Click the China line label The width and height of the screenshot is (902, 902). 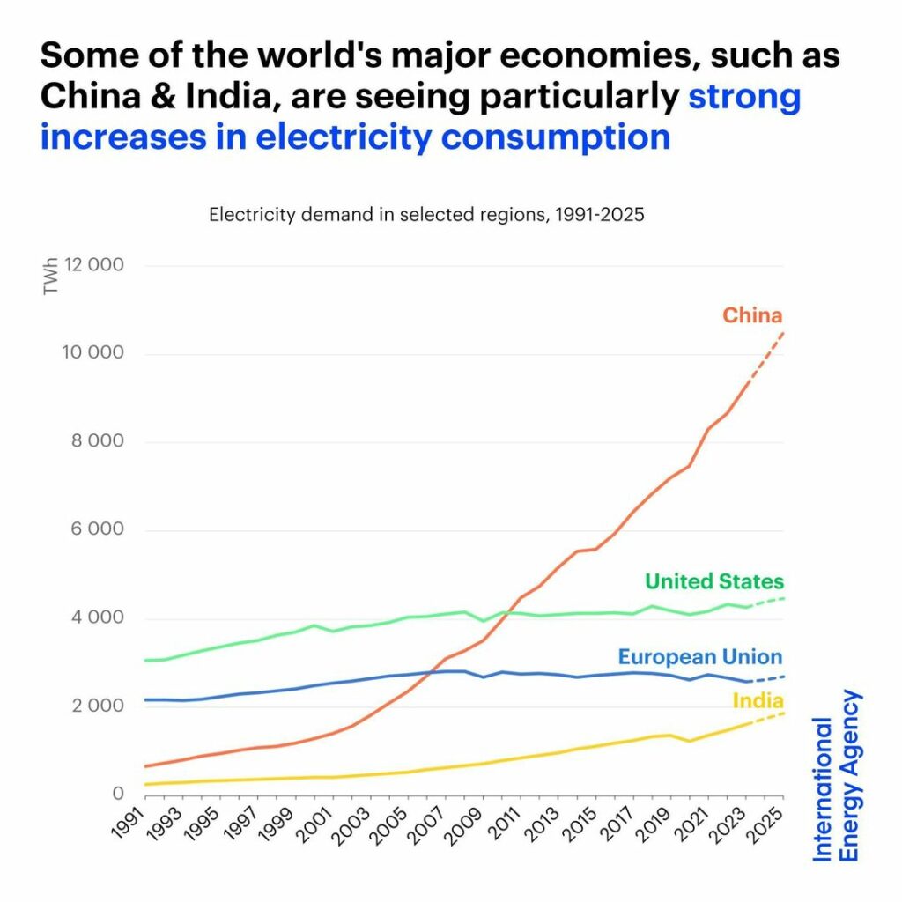(752, 314)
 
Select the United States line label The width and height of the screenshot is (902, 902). (713, 581)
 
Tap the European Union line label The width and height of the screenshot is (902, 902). (699, 657)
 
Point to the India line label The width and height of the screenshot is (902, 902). (758, 701)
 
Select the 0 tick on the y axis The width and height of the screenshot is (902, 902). (116, 795)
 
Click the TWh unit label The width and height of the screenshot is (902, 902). (51, 279)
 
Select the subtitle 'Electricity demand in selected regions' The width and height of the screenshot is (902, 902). (426, 215)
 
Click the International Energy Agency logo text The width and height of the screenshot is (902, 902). (837, 775)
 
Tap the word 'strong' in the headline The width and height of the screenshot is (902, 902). (744, 96)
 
